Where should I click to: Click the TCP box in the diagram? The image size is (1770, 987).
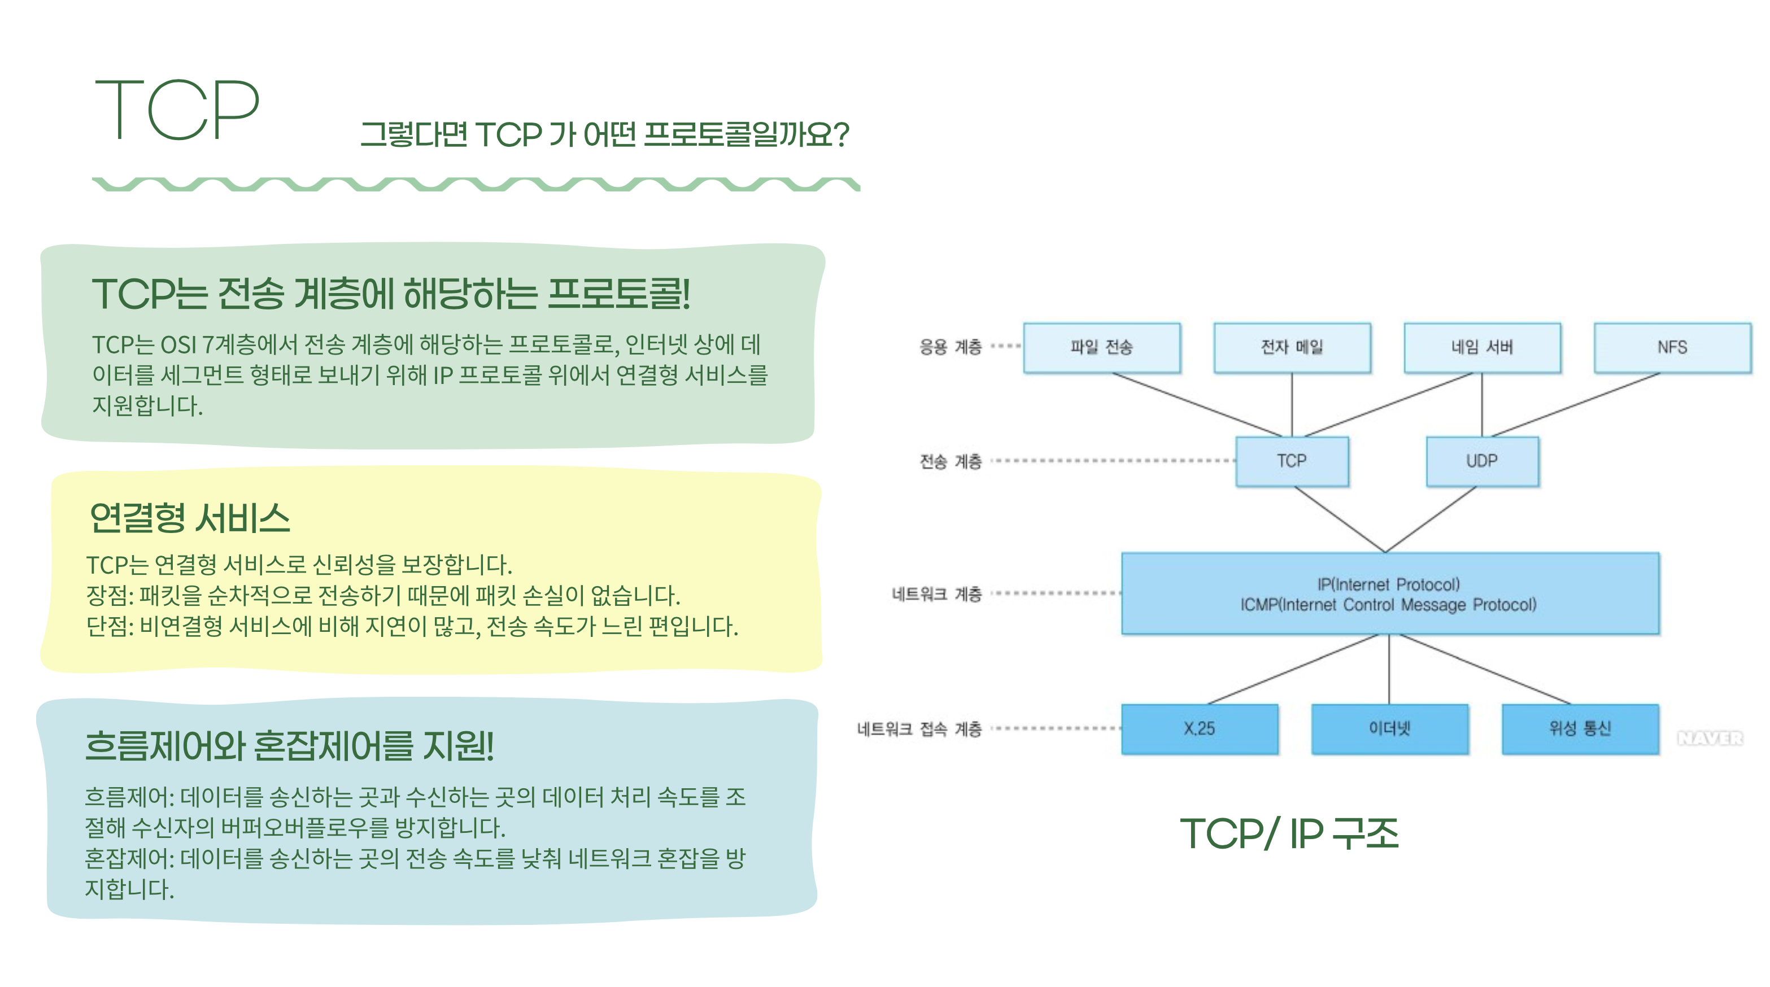1291,461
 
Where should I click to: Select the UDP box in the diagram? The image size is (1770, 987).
1481,461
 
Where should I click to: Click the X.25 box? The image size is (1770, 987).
1199,729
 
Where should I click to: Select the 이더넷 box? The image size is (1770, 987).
1389,729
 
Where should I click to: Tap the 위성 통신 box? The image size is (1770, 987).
1580,729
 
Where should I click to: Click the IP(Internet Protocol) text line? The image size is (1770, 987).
1389,584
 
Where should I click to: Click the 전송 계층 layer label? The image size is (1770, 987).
951,461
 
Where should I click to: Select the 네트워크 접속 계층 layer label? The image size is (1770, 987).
919,730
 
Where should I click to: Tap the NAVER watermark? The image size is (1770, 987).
1710,739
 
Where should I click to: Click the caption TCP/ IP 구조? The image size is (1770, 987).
1289,834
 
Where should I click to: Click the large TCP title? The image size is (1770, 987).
177,110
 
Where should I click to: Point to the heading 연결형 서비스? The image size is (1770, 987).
190,518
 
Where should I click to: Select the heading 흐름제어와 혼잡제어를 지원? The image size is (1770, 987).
289,746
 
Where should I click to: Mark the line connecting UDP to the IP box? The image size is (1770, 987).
1431,520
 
